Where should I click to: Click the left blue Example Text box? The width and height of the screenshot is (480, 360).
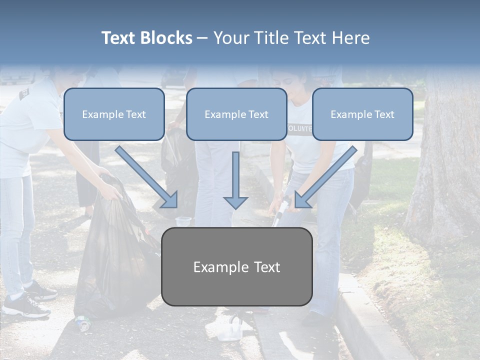point(114,114)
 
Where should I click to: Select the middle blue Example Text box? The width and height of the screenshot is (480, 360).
point(236,114)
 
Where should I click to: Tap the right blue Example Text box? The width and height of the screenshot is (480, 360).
point(362,114)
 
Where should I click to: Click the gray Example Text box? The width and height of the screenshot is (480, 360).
point(236,266)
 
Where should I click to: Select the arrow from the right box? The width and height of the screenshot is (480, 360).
point(325,177)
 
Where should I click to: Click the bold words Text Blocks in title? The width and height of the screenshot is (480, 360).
point(146,38)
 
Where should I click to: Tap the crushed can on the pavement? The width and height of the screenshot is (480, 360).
point(82,323)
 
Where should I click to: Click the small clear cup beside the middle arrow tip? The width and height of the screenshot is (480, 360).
point(183,221)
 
